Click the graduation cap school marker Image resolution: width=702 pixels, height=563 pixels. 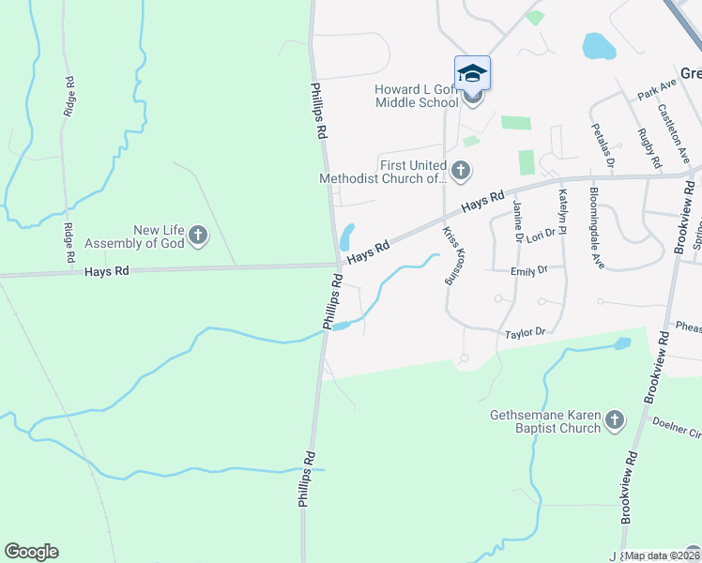pyautogui.click(x=473, y=72)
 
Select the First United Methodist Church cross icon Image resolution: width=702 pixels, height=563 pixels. pyautogui.click(x=460, y=171)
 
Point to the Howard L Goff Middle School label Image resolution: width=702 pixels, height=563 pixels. pyautogui.click(x=415, y=96)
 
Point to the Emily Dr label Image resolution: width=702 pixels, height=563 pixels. pyautogui.click(x=528, y=271)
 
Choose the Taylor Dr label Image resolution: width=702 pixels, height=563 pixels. pyautogui.click(x=525, y=333)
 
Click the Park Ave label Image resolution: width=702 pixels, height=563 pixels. pyautogui.click(x=656, y=90)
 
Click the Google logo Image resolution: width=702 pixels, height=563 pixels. pyautogui.click(x=31, y=552)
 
